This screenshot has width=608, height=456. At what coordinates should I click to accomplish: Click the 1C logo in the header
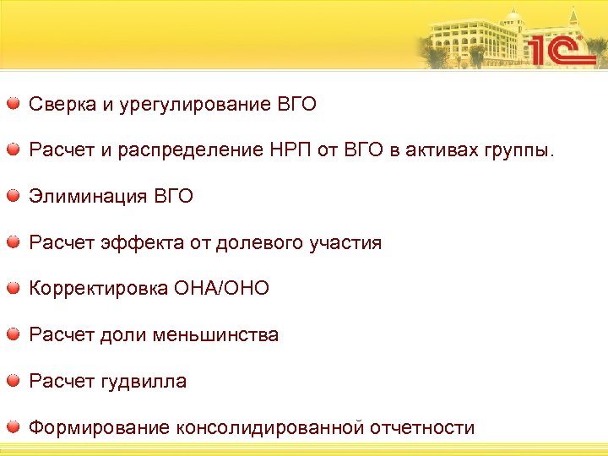tap(561, 49)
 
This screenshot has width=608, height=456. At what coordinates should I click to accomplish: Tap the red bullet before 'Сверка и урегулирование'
tap(14, 104)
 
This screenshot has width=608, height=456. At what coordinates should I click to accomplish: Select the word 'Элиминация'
tap(88, 197)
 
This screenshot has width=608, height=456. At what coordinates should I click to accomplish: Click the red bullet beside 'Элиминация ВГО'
tap(14, 196)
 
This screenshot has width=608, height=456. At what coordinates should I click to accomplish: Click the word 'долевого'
tap(254, 243)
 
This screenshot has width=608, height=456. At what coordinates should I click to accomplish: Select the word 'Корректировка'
tap(98, 289)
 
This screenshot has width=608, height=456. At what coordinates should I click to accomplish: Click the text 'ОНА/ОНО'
tap(221, 289)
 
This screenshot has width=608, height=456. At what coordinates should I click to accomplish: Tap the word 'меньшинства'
tap(215, 335)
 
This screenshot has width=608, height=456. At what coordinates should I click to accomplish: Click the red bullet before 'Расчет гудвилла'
tap(14, 381)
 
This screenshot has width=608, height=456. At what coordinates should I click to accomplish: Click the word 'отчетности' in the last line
tap(424, 427)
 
